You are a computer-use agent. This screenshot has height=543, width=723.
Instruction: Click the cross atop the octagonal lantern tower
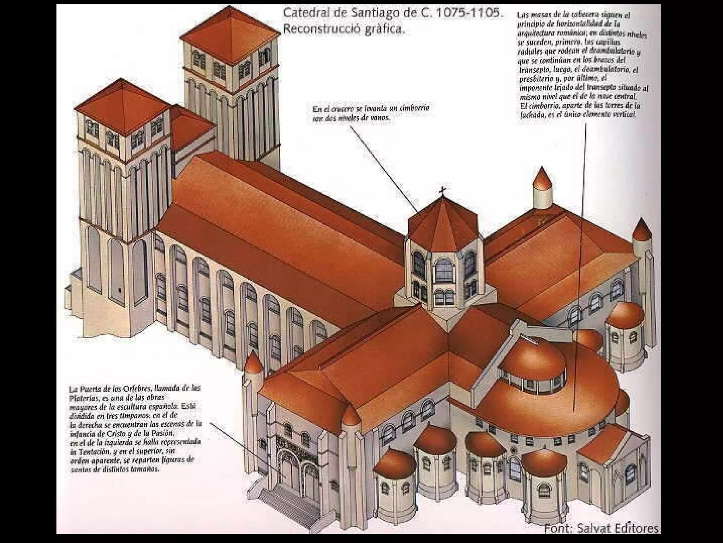[442, 192]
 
